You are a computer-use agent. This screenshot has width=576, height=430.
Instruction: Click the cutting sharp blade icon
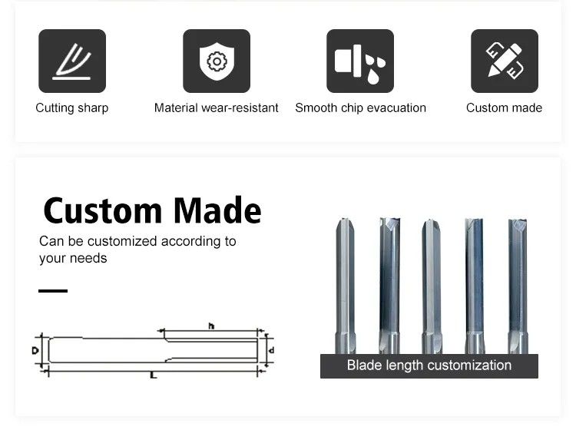72,61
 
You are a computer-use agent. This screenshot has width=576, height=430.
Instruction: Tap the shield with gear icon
217,61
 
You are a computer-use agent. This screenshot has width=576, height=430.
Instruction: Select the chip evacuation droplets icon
360,61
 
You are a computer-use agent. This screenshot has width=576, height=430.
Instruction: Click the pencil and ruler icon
505,61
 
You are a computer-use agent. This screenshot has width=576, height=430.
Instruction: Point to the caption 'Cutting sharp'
72,108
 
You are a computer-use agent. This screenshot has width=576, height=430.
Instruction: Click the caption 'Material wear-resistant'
217,108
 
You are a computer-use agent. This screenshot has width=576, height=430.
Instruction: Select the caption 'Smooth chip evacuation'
360,108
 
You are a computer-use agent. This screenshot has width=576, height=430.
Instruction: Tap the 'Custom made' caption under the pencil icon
504,108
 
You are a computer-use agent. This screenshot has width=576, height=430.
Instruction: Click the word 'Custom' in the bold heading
103,210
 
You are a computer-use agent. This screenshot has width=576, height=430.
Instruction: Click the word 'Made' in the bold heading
217,210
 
